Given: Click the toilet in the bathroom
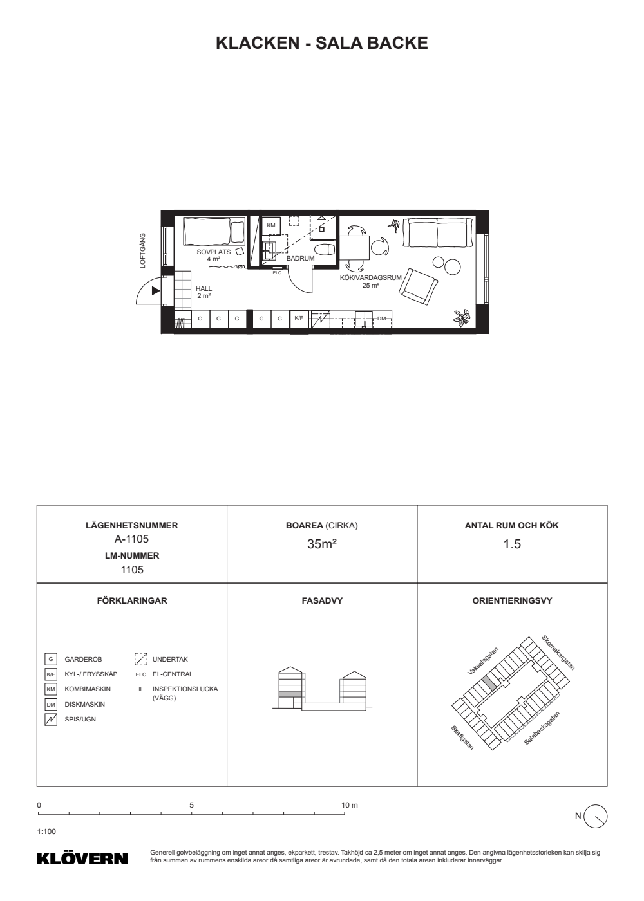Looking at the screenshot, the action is (x=325, y=250).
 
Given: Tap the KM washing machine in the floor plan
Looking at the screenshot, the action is (x=271, y=226).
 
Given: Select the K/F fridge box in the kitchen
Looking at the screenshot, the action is (x=299, y=319).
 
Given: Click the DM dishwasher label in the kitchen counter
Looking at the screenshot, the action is (x=381, y=319).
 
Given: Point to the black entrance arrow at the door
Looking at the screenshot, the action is (x=156, y=291).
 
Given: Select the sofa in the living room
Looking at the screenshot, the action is (x=437, y=232).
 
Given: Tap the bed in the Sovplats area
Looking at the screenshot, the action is (x=214, y=231).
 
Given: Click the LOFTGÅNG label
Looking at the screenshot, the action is (x=142, y=250).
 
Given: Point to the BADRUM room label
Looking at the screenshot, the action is (x=300, y=259).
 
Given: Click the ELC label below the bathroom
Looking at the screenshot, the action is (x=277, y=273).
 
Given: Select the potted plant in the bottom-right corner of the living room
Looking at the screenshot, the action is (x=461, y=317).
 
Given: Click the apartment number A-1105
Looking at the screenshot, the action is (x=131, y=539).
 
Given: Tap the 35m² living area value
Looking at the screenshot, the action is (x=321, y=544).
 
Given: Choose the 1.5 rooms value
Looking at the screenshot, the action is (x=512, y=544).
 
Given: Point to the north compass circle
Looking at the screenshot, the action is (x=596, y=816).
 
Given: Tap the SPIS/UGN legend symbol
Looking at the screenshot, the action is (x=51, y=720).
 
